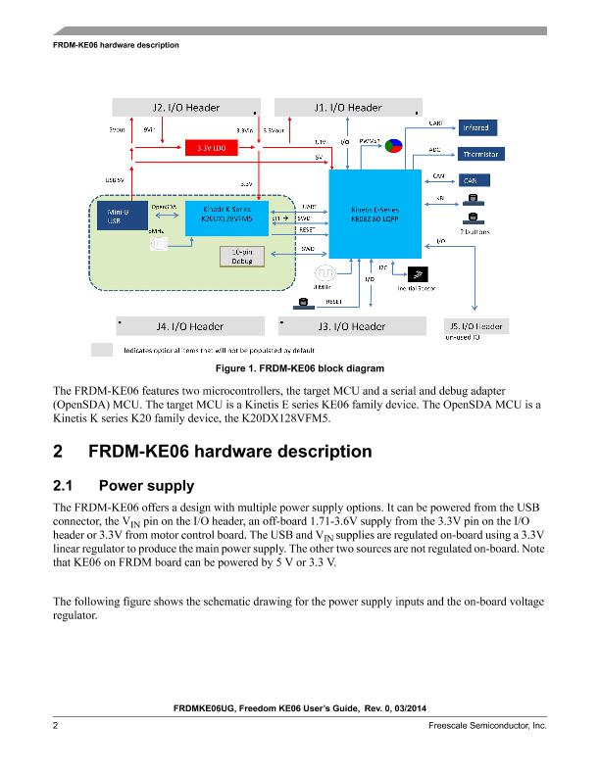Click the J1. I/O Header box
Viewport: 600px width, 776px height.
[348, 107]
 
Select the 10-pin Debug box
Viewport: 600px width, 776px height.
[237, 257]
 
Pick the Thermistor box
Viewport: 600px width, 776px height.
[475, 155]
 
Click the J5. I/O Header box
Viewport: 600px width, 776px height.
[475, 326]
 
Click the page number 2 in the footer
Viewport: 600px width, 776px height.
[56, 725]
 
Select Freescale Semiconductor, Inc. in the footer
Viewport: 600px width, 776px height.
[486, 725]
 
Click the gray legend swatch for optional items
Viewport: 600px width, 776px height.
[103, 349]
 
